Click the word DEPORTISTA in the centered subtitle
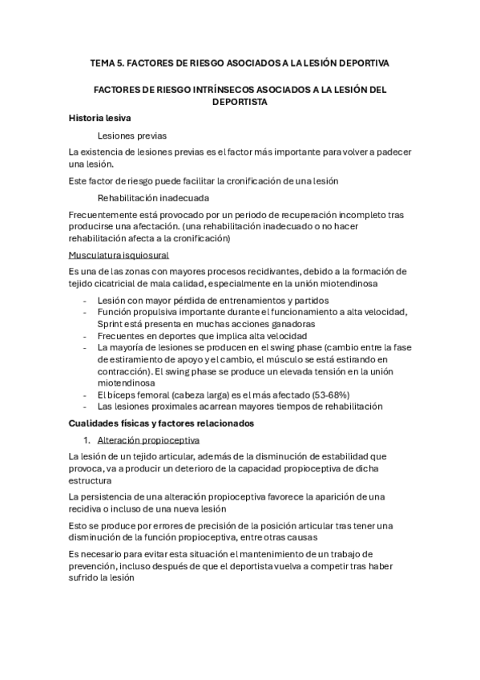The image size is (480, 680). (x=240, y=103)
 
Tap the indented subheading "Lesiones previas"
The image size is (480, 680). (x=132, y=136)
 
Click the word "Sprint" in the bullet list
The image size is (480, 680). (x=112, y=323)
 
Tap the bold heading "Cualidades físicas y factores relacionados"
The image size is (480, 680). (x=161, y=423)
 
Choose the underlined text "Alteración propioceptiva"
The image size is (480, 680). (x=148, y=440)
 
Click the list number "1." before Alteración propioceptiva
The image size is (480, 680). (x=89, y=440)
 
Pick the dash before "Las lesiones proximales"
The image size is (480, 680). (x=86, y=407)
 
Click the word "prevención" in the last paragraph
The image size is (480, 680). (x=96, y=566)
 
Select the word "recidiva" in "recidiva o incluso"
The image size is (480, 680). (x=89, y=509)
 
